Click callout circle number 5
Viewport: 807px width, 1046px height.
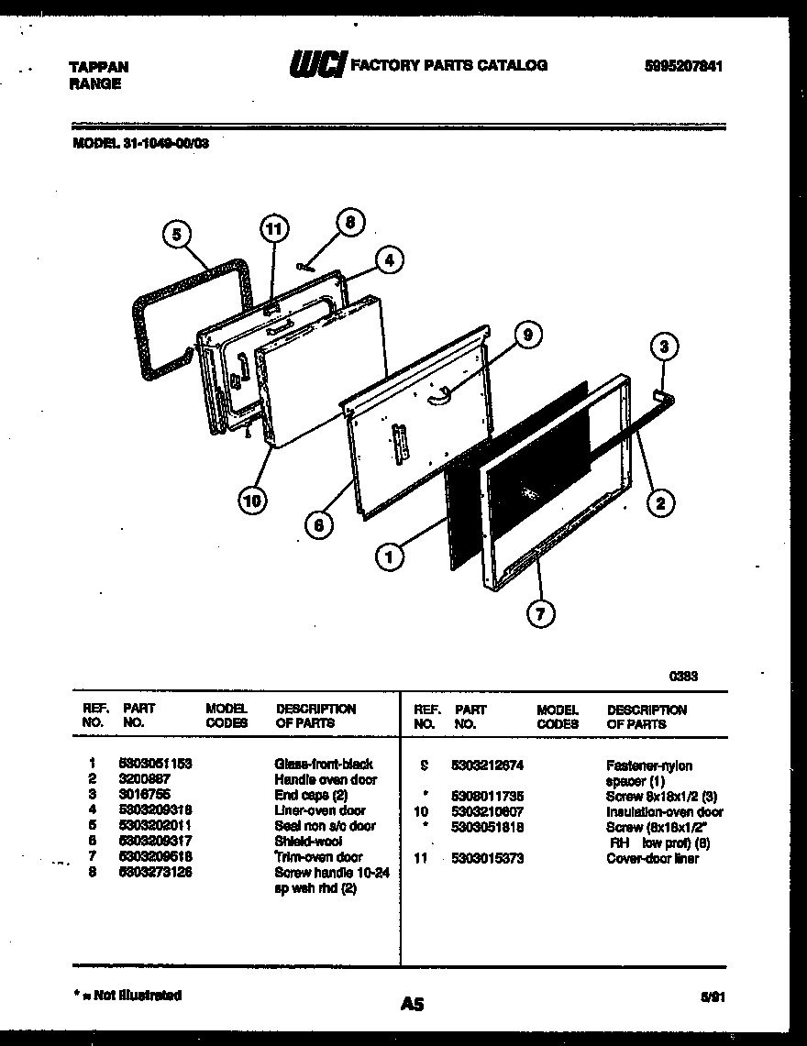[177, 235]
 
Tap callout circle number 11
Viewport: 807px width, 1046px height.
[272, 227]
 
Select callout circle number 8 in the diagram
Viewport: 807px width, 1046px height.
[348, 222]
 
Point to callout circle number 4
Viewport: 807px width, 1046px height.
[389, 259]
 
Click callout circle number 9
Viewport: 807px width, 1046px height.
[526, 336]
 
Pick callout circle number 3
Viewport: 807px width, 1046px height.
[665, 347]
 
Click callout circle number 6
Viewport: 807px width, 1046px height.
[318, 524]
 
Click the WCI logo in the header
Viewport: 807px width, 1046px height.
[317, 65]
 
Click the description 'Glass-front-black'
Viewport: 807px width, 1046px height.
[323, 764]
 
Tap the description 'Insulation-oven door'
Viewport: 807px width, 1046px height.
[664, 811]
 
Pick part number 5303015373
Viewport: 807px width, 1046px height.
[488, 858]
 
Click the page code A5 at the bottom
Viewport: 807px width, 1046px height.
[412, 1004]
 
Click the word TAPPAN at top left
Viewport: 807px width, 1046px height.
[99, 67]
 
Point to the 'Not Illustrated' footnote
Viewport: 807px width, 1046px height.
[127, 995]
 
